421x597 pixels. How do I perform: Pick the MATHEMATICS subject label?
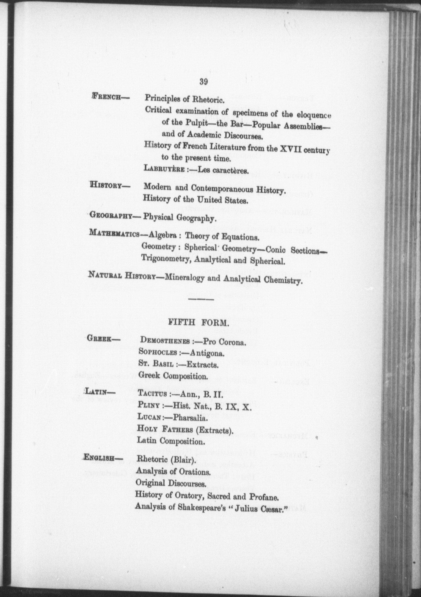[x=113, y=233]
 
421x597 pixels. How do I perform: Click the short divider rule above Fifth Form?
[x=201, y=299]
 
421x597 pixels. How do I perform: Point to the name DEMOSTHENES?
[x=164, y=341]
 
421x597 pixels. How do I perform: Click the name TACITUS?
[x=152, y=394]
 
